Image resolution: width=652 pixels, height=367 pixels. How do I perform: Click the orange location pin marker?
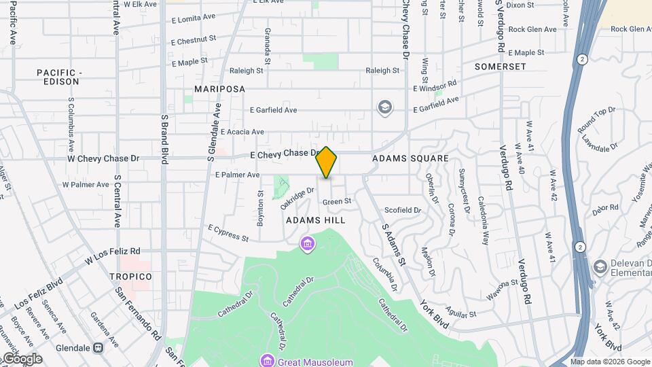tap(327, 162)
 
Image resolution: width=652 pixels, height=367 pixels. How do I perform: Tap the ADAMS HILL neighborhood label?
tap(315, 220)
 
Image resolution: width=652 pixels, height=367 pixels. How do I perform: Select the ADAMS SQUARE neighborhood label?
tap(410, 158)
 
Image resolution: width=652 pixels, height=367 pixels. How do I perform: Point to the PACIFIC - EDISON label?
tap(58, 77)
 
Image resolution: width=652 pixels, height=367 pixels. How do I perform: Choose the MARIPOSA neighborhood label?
tap(219, 89)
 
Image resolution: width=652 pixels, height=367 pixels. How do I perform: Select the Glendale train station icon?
tap(98, 348)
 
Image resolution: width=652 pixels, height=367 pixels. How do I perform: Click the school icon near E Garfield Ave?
tap(385, 107)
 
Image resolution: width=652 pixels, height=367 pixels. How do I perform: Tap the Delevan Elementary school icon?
tap(600, 266)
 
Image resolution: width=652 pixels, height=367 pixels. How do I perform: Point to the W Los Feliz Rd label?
tap(112, 256)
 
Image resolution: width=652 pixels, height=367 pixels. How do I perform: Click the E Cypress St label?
tap(228, 233)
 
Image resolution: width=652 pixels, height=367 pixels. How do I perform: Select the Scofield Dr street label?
tap(403, 210)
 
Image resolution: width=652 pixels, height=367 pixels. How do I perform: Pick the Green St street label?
tap(337, 201)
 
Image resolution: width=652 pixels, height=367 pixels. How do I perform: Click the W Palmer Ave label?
tap(86, 184)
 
